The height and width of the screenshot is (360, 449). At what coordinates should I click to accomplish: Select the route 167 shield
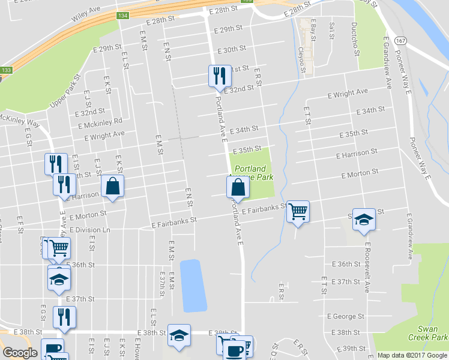click(x=402, y=40)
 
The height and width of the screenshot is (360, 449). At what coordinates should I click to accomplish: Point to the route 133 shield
click(x=6, y=70)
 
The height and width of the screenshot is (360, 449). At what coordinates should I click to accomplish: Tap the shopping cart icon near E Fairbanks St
click(x=298, y=211)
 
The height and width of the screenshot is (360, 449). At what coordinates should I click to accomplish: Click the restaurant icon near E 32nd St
click(x=218, y=76)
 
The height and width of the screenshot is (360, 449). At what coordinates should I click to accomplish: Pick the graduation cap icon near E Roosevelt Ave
click(x=364, y=219)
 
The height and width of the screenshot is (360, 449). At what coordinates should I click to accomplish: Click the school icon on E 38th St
click(x=178, y=337)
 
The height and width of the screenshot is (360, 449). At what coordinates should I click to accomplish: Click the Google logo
click(x=20, y=353)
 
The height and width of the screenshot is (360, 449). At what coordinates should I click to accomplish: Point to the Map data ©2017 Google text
click(x=412, y=355)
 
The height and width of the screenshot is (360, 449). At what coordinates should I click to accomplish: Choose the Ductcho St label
click(x=355, y=37)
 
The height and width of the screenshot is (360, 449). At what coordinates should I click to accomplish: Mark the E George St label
click(x=346, y=316)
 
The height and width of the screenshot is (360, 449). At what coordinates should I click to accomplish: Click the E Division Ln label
click(x=90, y=230)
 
